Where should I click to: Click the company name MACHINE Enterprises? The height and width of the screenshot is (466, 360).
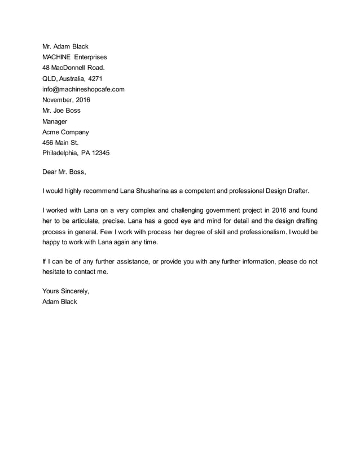tap(74, 57)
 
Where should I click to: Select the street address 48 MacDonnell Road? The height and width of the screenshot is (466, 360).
tap(73, 68)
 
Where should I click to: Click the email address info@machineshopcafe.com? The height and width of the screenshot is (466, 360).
tap(84, 89)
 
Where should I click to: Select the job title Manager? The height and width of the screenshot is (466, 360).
tap(55, 121)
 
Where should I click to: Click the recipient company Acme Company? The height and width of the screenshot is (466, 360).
tap(65, 132)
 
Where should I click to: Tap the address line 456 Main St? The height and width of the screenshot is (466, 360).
tap(60, 143)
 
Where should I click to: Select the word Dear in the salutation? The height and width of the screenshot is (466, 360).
tap(50, 172)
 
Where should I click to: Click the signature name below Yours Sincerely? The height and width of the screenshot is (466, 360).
tap(60, 301)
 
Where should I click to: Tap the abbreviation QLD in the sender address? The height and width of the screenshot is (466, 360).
tap(50, 78)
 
